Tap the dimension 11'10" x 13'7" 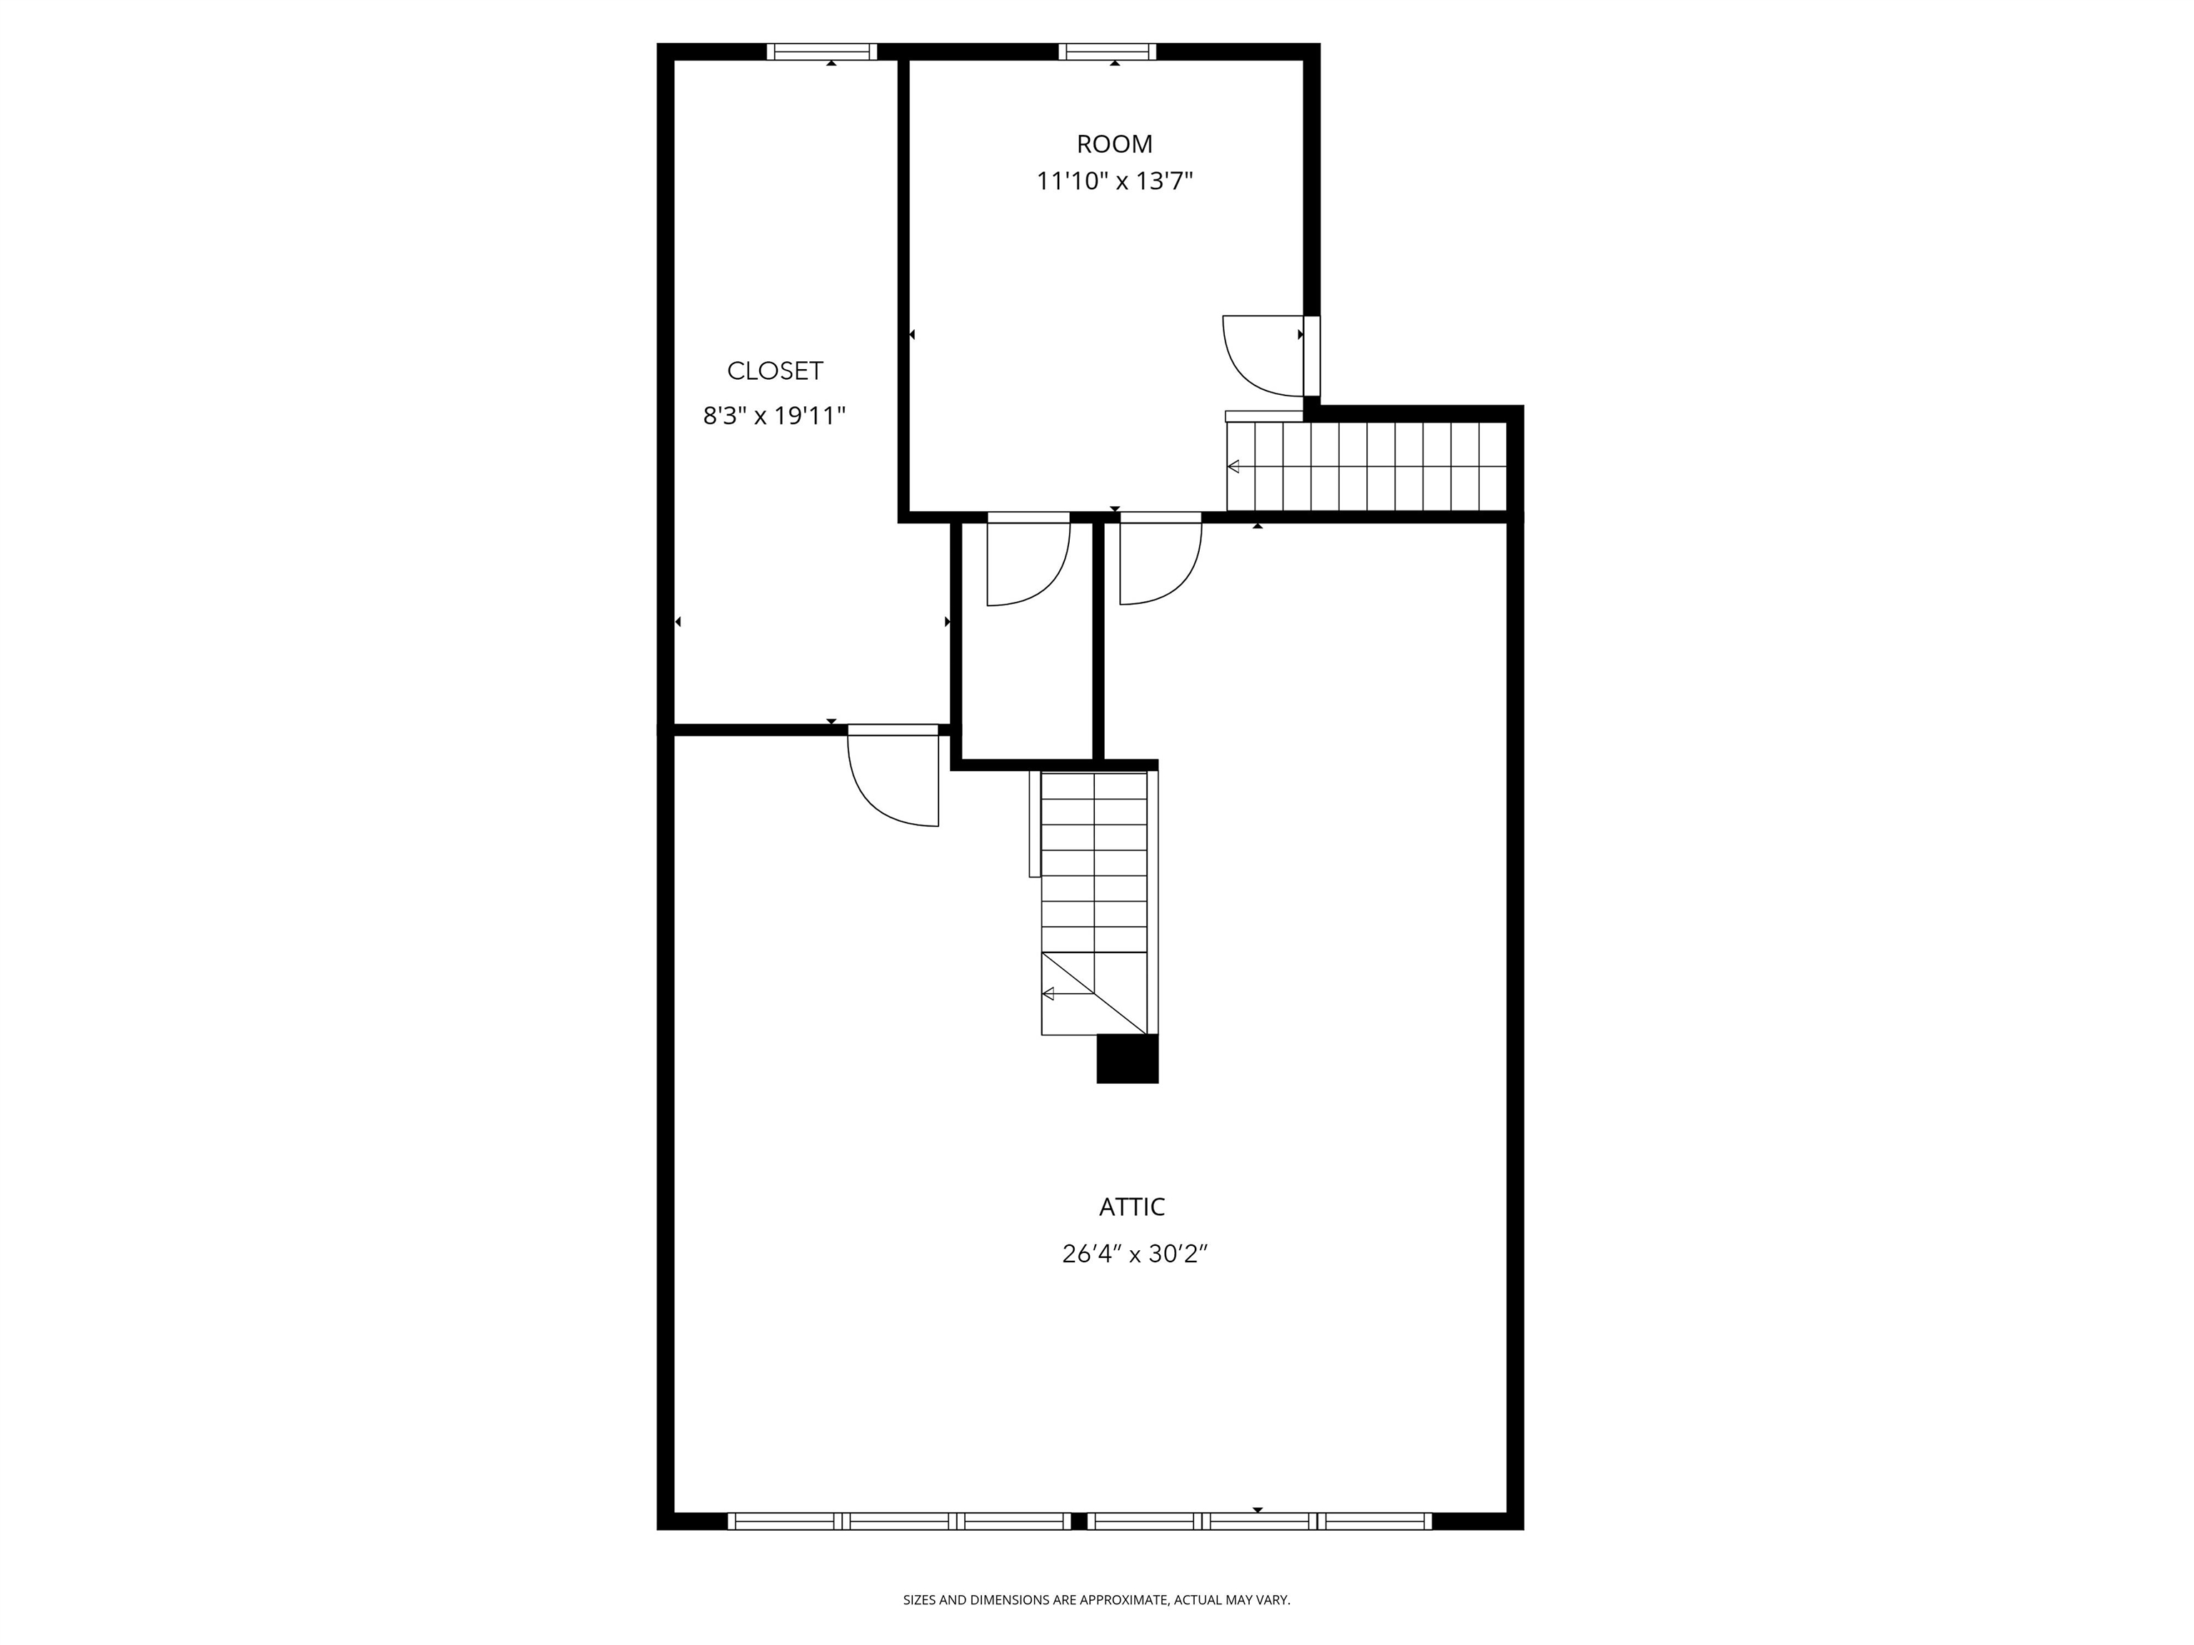[1114, 181]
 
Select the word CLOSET [775, 371]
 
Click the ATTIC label [1132, 1207]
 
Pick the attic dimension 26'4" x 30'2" [1133, 1254]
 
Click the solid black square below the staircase [1127, 1059]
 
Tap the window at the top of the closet [821, 51]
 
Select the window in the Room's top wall [1107, 51]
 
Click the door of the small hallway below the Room [1028, 560]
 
